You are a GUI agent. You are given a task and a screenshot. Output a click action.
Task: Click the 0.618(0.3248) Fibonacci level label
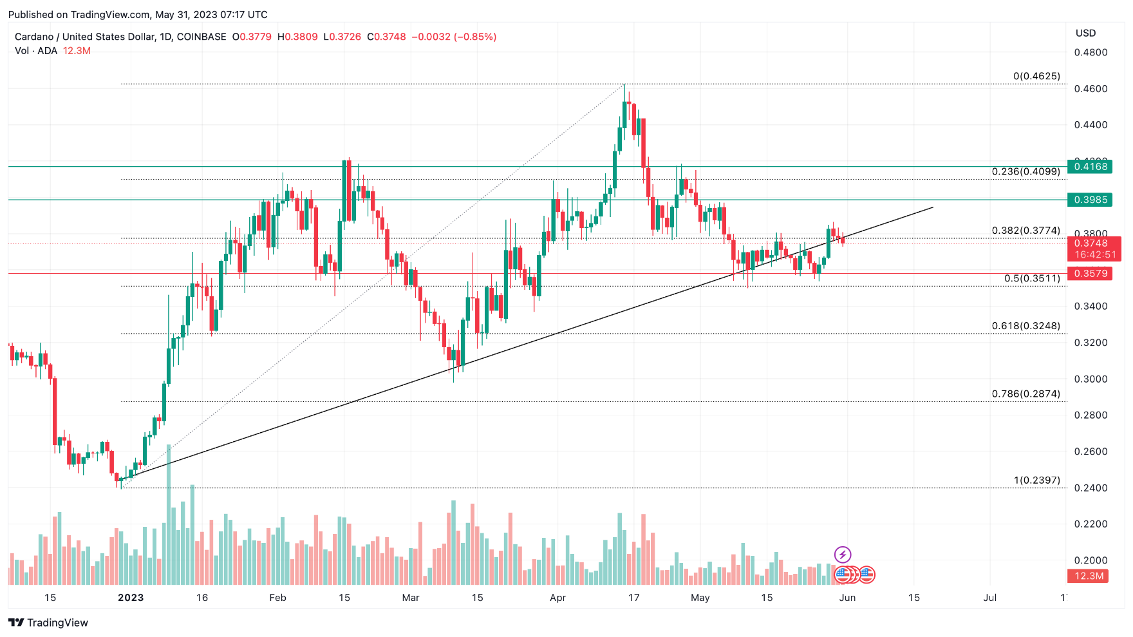coord(1025,326)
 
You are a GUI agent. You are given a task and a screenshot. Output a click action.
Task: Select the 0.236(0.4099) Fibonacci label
coord(1025,171)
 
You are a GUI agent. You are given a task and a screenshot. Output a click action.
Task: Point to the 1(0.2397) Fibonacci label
coord(1036,480)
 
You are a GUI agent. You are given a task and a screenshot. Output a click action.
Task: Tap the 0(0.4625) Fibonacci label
coord(1036,76)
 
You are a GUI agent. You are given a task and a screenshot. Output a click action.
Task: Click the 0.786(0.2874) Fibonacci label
coord(1025,394)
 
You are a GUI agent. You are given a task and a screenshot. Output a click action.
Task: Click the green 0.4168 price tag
coord(1091,166)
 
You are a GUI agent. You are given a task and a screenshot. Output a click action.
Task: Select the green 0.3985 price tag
coord(1091,200)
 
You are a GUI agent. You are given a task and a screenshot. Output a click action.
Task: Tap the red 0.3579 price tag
coord(1091,274)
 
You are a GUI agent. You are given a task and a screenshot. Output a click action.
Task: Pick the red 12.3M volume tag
coord(1089,576)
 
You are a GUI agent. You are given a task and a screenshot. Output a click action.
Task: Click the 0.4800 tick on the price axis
coord(1091,52)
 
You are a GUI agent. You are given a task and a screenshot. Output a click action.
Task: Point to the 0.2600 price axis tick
coord(1091,452)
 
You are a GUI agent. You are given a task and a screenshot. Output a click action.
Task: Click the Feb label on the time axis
coord(277,598)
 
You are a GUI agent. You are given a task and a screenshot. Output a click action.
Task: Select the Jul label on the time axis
coord(989,598)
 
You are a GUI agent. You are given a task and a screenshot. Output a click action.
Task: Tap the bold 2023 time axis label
coord(131,598)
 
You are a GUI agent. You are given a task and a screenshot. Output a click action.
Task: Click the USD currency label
coord(1085,33)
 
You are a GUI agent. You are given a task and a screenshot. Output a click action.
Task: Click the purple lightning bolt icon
coord(842,555)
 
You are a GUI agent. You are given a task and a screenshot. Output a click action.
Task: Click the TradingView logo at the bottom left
coord(48,623)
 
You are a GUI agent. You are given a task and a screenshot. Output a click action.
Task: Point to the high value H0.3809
coord(297,37)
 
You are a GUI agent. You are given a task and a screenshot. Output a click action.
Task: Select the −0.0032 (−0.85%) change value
coord(454,37)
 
